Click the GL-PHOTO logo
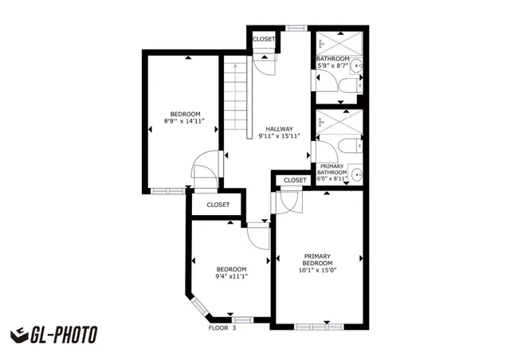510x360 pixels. (53, 335)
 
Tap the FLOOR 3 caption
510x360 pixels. (222, 327)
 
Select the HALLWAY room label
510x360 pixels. (279, 129)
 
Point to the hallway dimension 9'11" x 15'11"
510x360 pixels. (279, 137)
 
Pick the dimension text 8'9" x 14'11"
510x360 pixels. (185, 121)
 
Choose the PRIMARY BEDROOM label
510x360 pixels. (318, 260)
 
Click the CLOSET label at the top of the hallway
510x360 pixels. (263, 39)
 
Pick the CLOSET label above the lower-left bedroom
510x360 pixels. (218, 205)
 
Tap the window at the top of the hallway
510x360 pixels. (296, 29)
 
